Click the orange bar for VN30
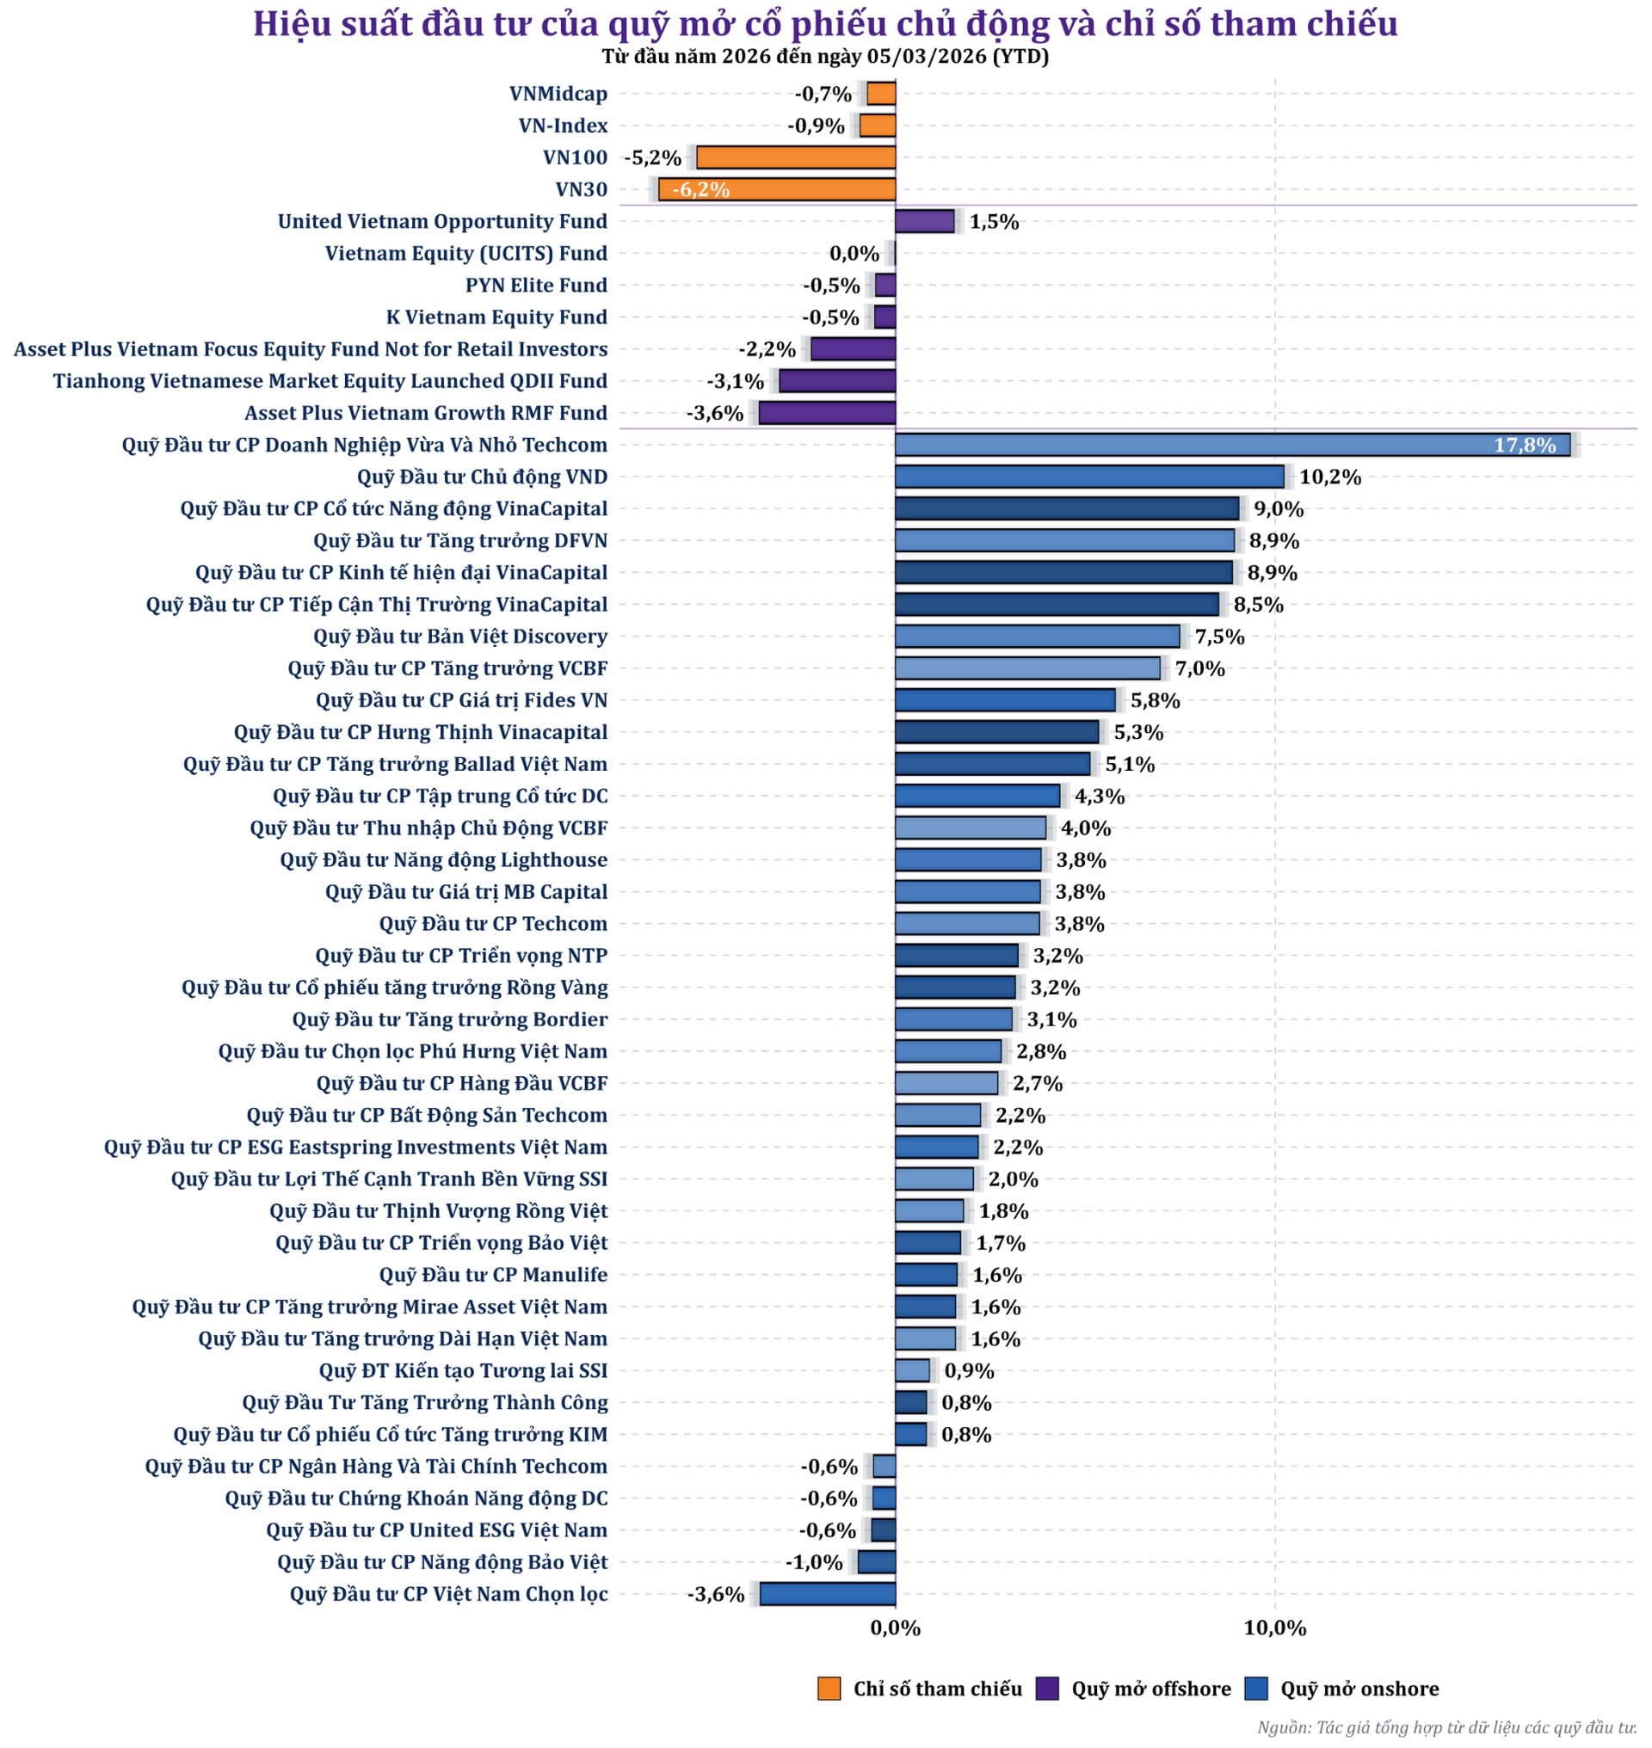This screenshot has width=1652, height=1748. [x=777, y=189]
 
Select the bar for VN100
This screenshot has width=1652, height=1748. [x=795, y=157]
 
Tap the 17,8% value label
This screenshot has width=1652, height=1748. [x=1525, y=445]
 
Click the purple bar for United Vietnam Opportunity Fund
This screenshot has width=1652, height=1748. [x=925, y=221]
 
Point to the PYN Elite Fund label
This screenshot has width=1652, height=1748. [x=535, y=286]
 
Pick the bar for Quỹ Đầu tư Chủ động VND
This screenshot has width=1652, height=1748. [x=1089, y=477]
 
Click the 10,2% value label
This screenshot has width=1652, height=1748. [x=1329, y=477]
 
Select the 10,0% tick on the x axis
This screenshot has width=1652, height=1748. [x=1274, y=1628]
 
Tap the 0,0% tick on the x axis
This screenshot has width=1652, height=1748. [x=895, y=1628]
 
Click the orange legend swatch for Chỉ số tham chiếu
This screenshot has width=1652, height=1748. [x=829, y=1688]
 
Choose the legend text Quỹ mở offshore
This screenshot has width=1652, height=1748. [x=1151, y=1688]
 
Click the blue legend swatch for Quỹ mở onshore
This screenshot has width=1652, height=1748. [x=1255, y=1688]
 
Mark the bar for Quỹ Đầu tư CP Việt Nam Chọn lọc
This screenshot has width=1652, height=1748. [x=828, y=1594]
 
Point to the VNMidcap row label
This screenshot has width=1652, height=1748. [x=558, y=94]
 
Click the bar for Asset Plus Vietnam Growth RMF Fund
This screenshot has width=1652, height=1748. [x=827, y=413]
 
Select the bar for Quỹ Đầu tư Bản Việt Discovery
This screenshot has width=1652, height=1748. [x=1038, y=636]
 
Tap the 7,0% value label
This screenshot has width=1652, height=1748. [x=1199, y=668]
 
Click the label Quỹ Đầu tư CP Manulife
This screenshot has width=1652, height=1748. [x=493, y=1274]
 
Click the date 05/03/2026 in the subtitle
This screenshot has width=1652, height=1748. [x=927, y=58]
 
